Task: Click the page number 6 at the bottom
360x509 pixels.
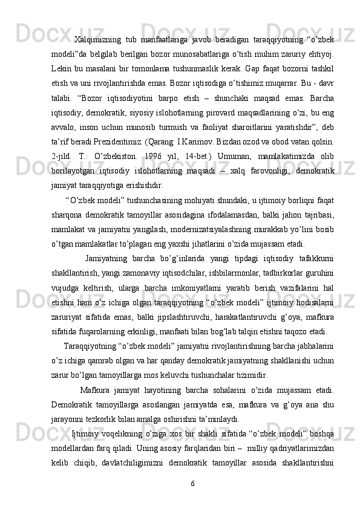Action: (x=192, y=484)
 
